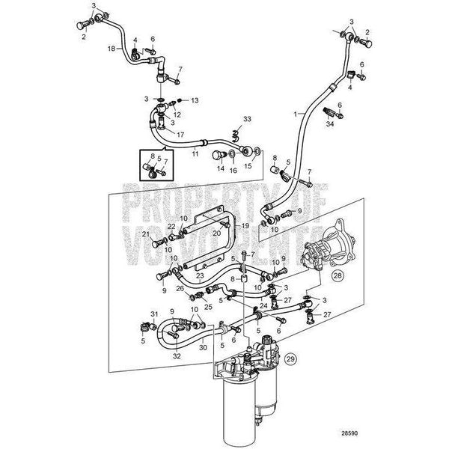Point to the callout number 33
pyautogui.click(x=248, y=120)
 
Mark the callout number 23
pyautogui.click(x=201, y=275)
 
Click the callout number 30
pyautogui.click(x=202, y=347)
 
